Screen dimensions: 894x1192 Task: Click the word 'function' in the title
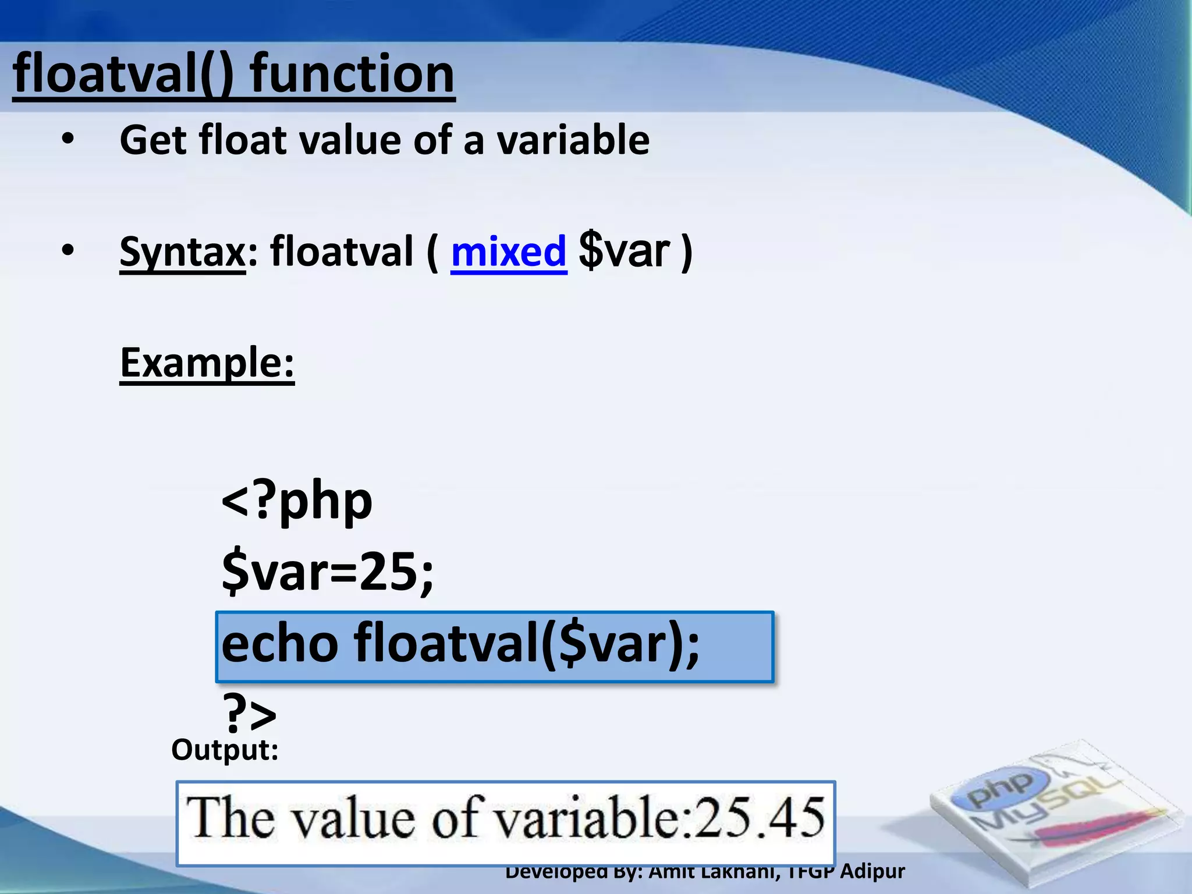pyautogui.click(x=352, y=74)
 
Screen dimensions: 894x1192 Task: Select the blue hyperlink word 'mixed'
pyautogui.click(x=508, y=252)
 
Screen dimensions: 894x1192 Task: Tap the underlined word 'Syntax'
pyautogui.click(x=182, y=252)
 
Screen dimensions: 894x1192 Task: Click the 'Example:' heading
pyautogui.click(x=207, y=363)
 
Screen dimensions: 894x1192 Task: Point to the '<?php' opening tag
pyautogui.click(x=297, y=502)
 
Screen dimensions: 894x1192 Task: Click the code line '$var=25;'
pyautogui.click(x=327, y=572)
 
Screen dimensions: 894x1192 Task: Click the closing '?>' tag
pyautogui.click(x=249, y=714)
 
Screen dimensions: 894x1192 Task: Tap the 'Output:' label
pyautogui.click(x=225, y=750)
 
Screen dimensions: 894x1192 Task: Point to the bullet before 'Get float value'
pyautogui.click(x=68, y=140)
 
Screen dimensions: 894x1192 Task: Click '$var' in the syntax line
pyautogui.click(x=624, y=252)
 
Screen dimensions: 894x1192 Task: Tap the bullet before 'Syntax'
pyautogui.click(x=68, y=251)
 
